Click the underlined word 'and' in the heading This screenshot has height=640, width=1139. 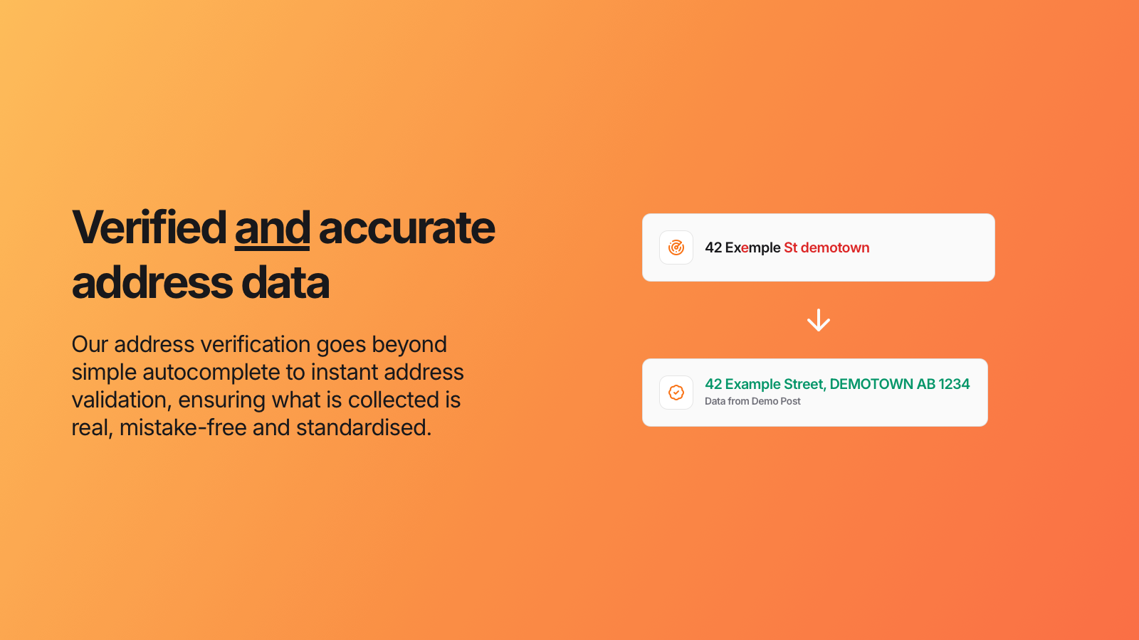[272, 228]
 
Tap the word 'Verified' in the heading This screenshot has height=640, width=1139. [149, 228]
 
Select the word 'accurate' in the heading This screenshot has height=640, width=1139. [406, 228]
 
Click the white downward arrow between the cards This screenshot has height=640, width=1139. [819, 321]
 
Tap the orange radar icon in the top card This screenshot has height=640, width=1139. [676, 247]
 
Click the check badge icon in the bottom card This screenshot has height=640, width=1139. [676, 393]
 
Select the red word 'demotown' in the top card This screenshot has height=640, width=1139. [835, 247]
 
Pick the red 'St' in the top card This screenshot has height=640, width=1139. [790, 247]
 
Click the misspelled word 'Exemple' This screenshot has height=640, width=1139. [752, 247]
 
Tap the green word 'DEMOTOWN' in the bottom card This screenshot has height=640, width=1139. [871, 384]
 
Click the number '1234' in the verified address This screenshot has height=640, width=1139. [954, 384]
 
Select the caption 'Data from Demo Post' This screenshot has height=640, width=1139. [752, 401]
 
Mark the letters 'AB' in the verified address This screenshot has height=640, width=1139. [926, 384]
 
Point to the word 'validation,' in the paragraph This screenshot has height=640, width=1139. [122, 400]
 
